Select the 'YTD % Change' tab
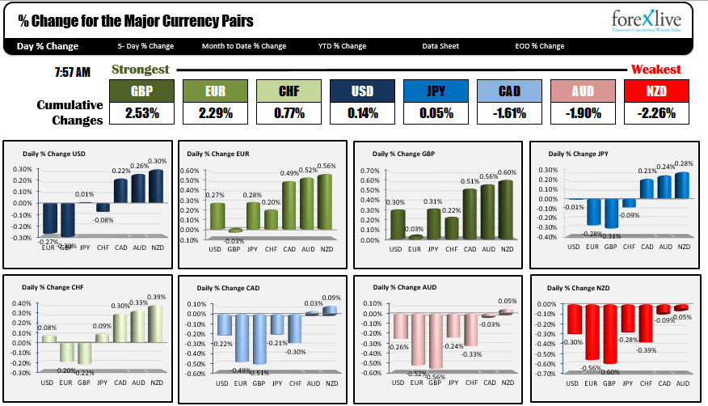342,46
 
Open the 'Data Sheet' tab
440,46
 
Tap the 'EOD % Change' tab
539,46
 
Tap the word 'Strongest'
140,70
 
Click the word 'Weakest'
655,70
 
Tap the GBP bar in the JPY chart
611,214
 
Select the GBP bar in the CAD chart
259,339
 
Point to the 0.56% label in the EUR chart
327,166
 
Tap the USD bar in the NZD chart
574,319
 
